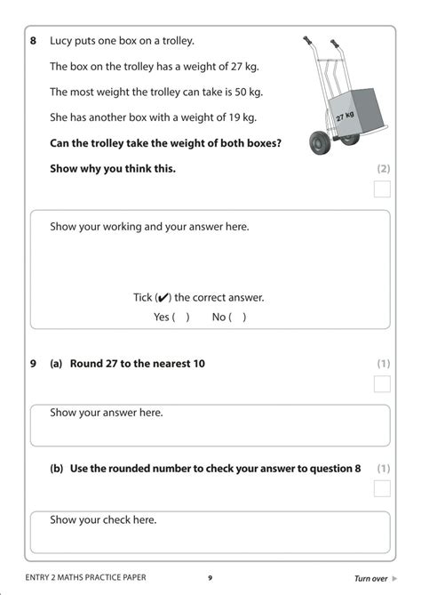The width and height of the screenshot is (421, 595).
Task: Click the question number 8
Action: point(33,41)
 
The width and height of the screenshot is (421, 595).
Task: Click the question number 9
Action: point(33,363)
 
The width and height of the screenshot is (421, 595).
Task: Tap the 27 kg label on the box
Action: point(345,116)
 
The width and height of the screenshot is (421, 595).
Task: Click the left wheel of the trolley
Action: point(319,142)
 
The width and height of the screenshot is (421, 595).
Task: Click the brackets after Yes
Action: point(180,317)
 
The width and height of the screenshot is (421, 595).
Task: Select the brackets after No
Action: point(238,317)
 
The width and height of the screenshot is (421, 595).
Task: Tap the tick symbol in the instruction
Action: point(163,298)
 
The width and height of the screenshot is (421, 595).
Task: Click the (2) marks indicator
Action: point(383,168)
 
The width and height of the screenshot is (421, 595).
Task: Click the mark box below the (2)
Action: point(382,189)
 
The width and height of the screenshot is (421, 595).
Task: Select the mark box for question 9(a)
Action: point(382,384)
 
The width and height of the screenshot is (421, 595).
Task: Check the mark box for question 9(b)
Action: point(382,488)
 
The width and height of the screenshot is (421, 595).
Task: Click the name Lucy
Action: point(63,41)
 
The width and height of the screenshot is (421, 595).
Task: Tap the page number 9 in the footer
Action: point(210,578)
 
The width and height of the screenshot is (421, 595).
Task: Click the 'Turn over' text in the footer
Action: point(370,578)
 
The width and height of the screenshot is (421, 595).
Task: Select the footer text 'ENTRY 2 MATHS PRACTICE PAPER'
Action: point(85,578)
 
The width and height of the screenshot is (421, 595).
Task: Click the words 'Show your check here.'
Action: point(103,519)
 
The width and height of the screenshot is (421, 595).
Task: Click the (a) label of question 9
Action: point(56,363)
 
